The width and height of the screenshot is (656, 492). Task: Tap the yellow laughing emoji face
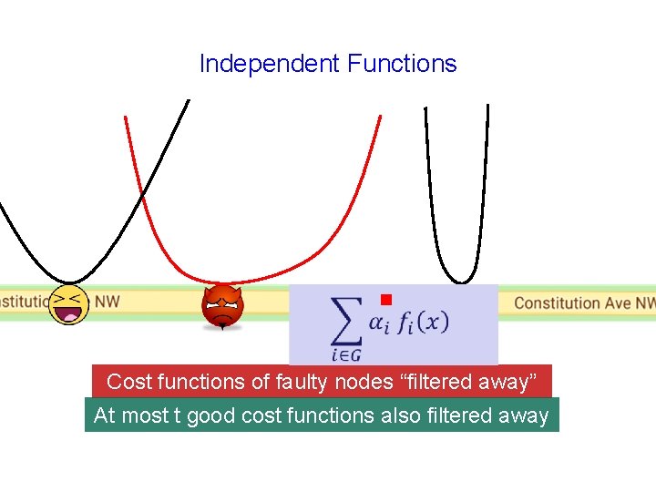pyautogui.click(x=70, y=304)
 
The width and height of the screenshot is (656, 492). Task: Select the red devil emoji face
pyautogui.click(x=222, y=307)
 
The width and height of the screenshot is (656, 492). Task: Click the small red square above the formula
pyautogui.click(x=385, y=300)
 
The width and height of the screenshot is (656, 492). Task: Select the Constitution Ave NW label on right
pyautogui.click(x=584, y=303)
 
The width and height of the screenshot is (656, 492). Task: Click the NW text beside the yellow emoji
pyautogui.click(x=108, y=301)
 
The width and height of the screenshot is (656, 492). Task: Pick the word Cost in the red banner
pyautogui.click(x=126, y=382)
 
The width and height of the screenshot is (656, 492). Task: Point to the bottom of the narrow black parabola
pyautogui.click(x=462, y=282)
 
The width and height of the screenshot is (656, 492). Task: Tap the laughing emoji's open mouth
pyautogui.click(x=67, y=315)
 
